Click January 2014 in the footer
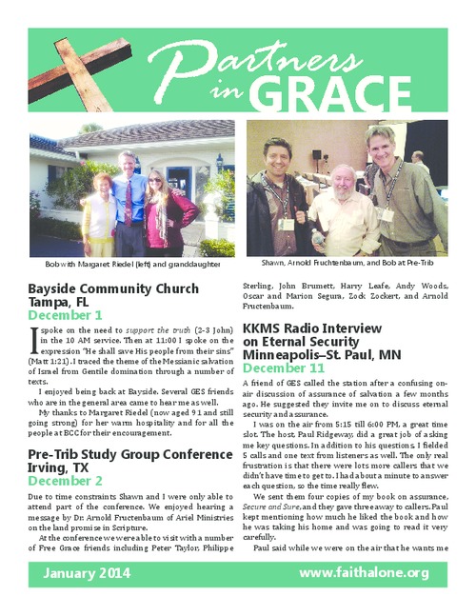pyautogui.click(x=89, y=573)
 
